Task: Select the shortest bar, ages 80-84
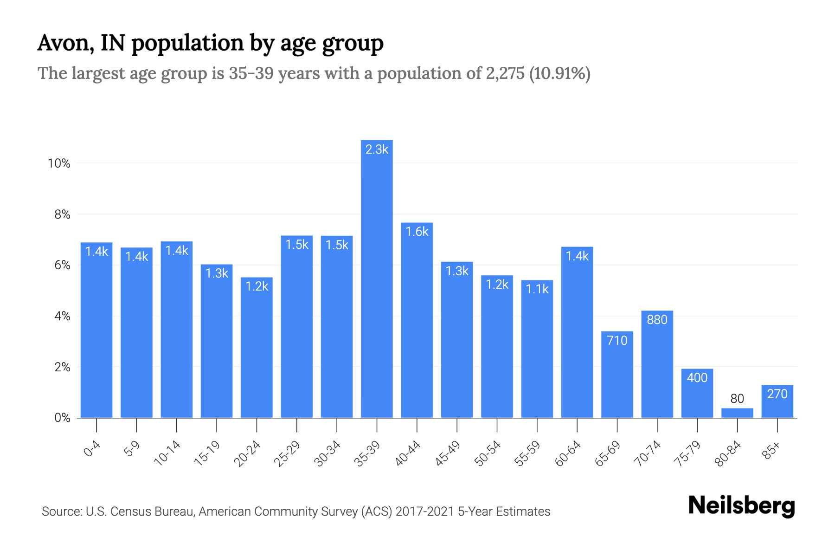point(737,413)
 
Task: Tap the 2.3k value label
point(377,149)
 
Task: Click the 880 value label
point(657,319)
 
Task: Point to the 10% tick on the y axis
point(59,163)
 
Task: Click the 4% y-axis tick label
point(62,317)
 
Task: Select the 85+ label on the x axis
point(772,451)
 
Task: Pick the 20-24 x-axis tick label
point(247,453)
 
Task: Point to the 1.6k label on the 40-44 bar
point(417,232)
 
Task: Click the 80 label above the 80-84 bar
point(737,399)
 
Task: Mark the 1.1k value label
point(537,290)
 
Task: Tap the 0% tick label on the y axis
point(62,418)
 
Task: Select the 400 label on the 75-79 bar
point(697,378)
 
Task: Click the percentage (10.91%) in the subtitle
point(560,73)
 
